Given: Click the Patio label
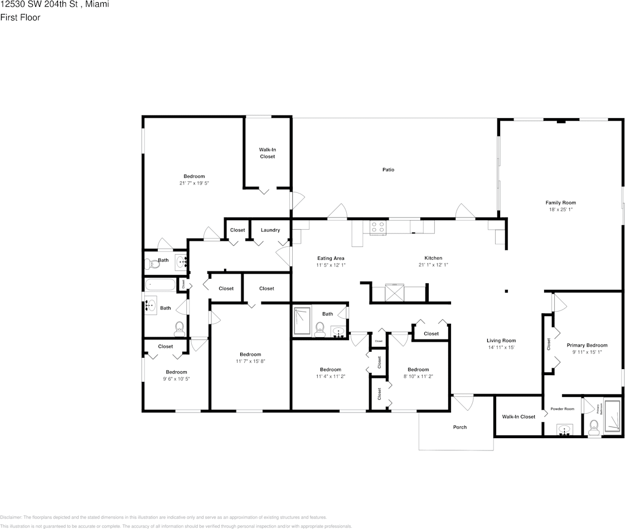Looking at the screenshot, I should click(x=388, y=169).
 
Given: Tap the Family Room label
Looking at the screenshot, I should click(x=560, y=203).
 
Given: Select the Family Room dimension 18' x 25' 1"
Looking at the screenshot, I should click(x=560, y=210).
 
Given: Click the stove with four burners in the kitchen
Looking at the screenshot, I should click(x=378, y=227).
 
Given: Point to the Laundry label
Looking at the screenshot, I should click(x=270, y=230).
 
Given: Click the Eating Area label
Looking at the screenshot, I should click(x=331, y=258).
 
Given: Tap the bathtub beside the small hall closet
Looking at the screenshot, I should click(x=160, y=285).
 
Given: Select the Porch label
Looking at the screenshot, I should click(x=460, y=428).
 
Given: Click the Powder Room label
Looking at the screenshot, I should click(x=562, y=409).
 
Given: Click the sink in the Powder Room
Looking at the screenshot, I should click(x=565, y=430).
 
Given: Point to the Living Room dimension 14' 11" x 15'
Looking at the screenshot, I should click(x=501, y=347).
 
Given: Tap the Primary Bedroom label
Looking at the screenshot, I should click(x=587, y=345).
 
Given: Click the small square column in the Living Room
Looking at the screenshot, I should click(x=506, y=290).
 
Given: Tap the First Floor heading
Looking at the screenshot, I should click(x=20, y=17).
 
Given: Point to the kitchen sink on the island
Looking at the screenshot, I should click(x=394, y=293).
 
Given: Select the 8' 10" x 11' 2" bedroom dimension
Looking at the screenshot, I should click(x=418, y=376).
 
